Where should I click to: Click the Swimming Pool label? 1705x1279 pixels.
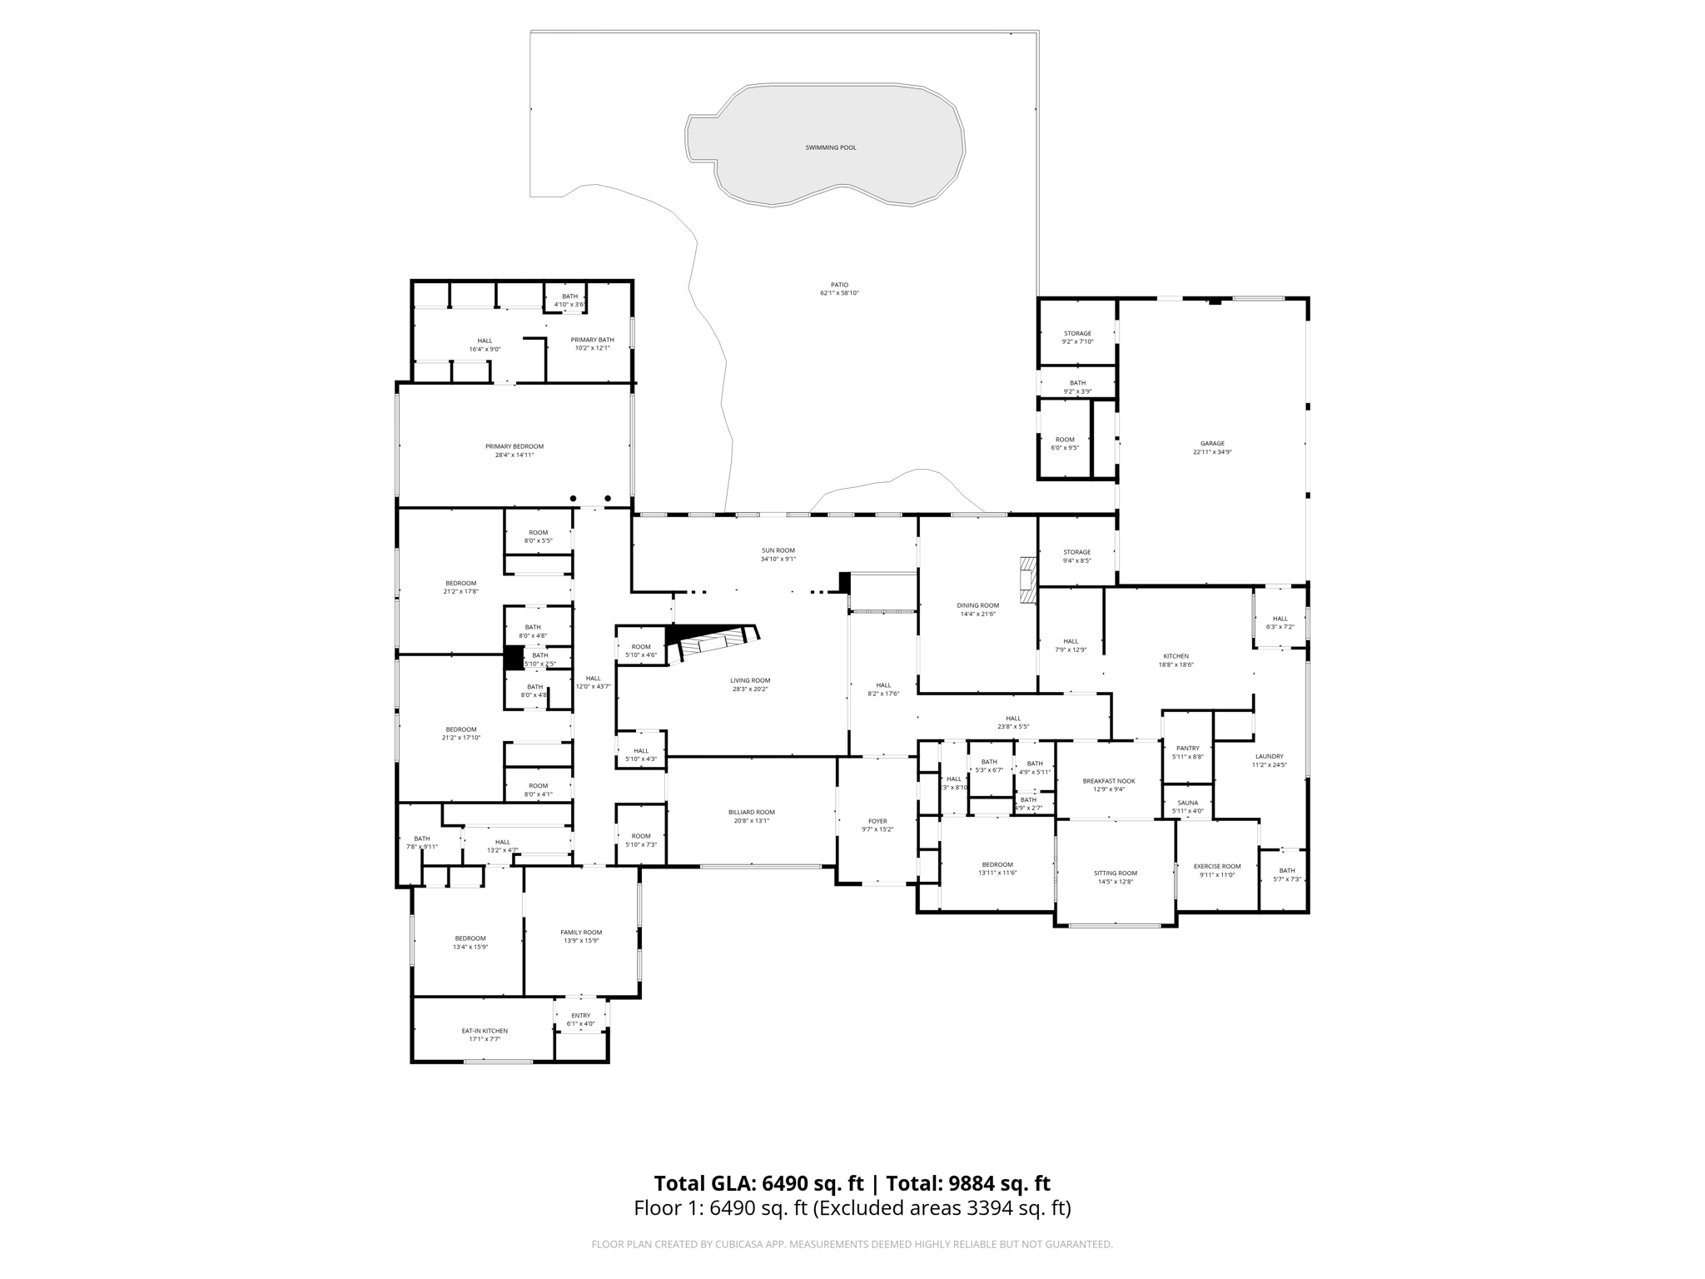coord(830,147)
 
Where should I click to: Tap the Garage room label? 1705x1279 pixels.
coord(1211,444)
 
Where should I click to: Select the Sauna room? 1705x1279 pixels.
coord(1187,803)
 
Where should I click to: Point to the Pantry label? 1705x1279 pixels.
coord(1187,748)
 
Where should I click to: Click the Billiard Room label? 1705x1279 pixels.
coord(751,812)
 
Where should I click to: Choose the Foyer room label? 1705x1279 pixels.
coord(877,820)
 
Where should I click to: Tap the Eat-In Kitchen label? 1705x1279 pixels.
coord(484,1031)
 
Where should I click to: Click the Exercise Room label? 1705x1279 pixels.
coord(1216,866)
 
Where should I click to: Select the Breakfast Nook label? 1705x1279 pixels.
coord(1108,781)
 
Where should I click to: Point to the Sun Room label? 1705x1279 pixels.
coord(778,550)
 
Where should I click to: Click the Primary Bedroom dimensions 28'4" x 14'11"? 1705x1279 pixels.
coord(514,455)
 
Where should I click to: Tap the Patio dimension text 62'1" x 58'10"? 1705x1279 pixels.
coord(838,293)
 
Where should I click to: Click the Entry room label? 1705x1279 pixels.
coord(580,1015)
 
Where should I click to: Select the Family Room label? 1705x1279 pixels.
coord(580,933)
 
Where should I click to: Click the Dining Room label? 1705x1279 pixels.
coord(977,605)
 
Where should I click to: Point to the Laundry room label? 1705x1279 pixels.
coord(1269,756)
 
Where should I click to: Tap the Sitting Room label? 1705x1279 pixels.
coord(1115,873)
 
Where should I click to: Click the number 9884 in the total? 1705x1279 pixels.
coord(970,1183)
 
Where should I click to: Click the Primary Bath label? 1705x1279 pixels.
coord(592,340)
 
